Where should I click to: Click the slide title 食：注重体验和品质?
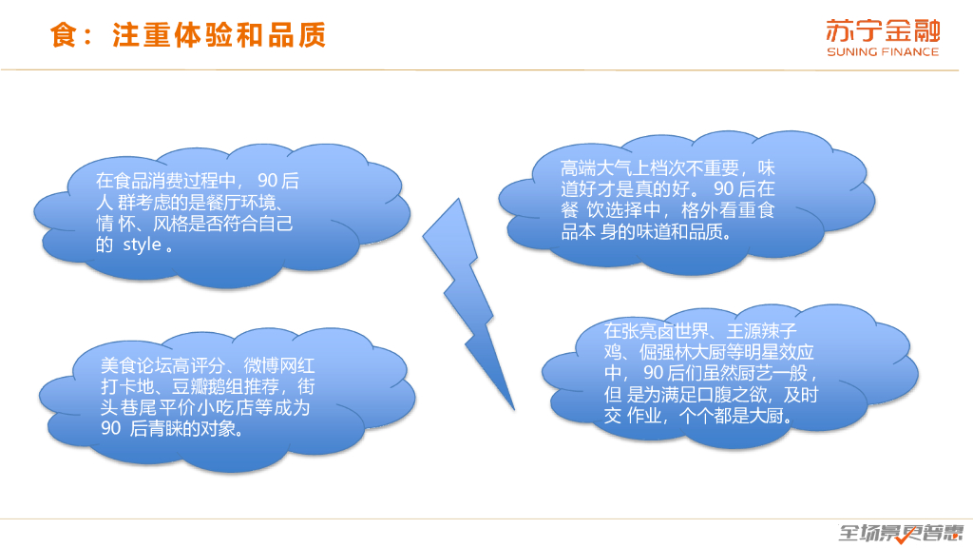(x=188, y=35)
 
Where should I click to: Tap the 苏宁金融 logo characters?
(x=882, y=29)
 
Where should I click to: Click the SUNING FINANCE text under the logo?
(x=882, y=52)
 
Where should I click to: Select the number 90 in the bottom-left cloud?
(x=109, y=429)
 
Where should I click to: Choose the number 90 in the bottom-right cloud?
(x=654, y=372)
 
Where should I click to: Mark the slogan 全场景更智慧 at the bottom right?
(x=900, y=533)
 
